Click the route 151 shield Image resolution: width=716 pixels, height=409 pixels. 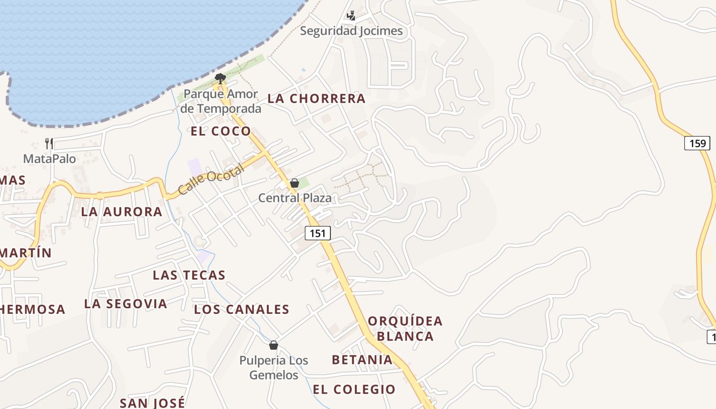318,233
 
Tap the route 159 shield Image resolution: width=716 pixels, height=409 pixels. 697,143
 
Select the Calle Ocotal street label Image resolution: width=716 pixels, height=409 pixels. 210,180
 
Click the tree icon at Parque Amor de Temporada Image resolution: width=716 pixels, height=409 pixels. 220,78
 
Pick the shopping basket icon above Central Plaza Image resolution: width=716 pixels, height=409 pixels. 295,183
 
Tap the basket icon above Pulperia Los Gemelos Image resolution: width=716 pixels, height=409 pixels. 274,345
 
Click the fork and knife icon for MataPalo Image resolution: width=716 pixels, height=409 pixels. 49,143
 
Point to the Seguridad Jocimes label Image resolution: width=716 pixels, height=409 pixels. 351,31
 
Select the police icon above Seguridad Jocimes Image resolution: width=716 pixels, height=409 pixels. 351,16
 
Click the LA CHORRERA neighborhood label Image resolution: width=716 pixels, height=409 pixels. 317,99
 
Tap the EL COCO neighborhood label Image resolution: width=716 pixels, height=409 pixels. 221,131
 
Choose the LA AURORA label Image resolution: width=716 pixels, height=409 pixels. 122,212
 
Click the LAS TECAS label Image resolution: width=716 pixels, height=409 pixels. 189,275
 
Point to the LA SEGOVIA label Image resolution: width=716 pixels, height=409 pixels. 126,304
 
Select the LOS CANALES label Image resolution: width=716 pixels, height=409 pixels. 241,309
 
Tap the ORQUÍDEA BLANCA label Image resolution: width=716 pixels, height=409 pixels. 405,328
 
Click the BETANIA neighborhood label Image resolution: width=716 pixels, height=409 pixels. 362,359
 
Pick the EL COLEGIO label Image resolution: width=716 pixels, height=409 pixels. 354,389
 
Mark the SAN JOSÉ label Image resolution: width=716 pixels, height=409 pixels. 152,403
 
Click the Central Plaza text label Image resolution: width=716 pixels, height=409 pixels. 295,198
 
